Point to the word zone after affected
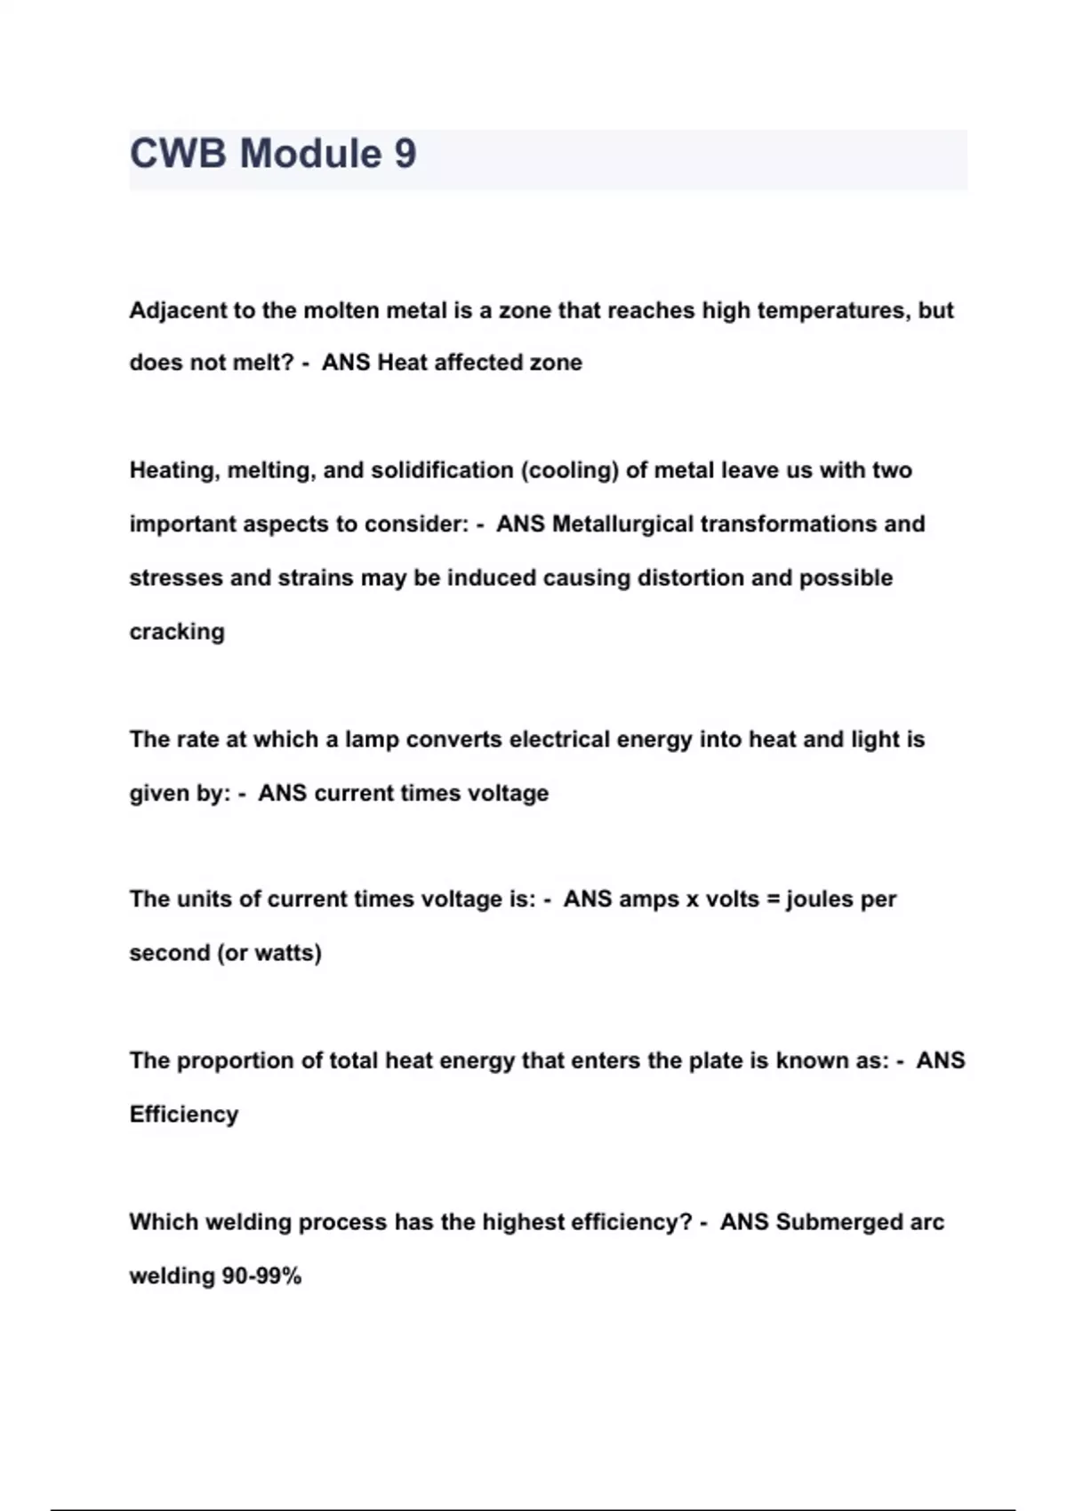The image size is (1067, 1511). (557, 363)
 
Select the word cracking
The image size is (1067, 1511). (177, 632)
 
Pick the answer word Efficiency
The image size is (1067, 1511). (184, 1115)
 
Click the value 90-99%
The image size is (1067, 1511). (261, 1276)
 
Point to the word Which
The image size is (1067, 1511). (164, 1222)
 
